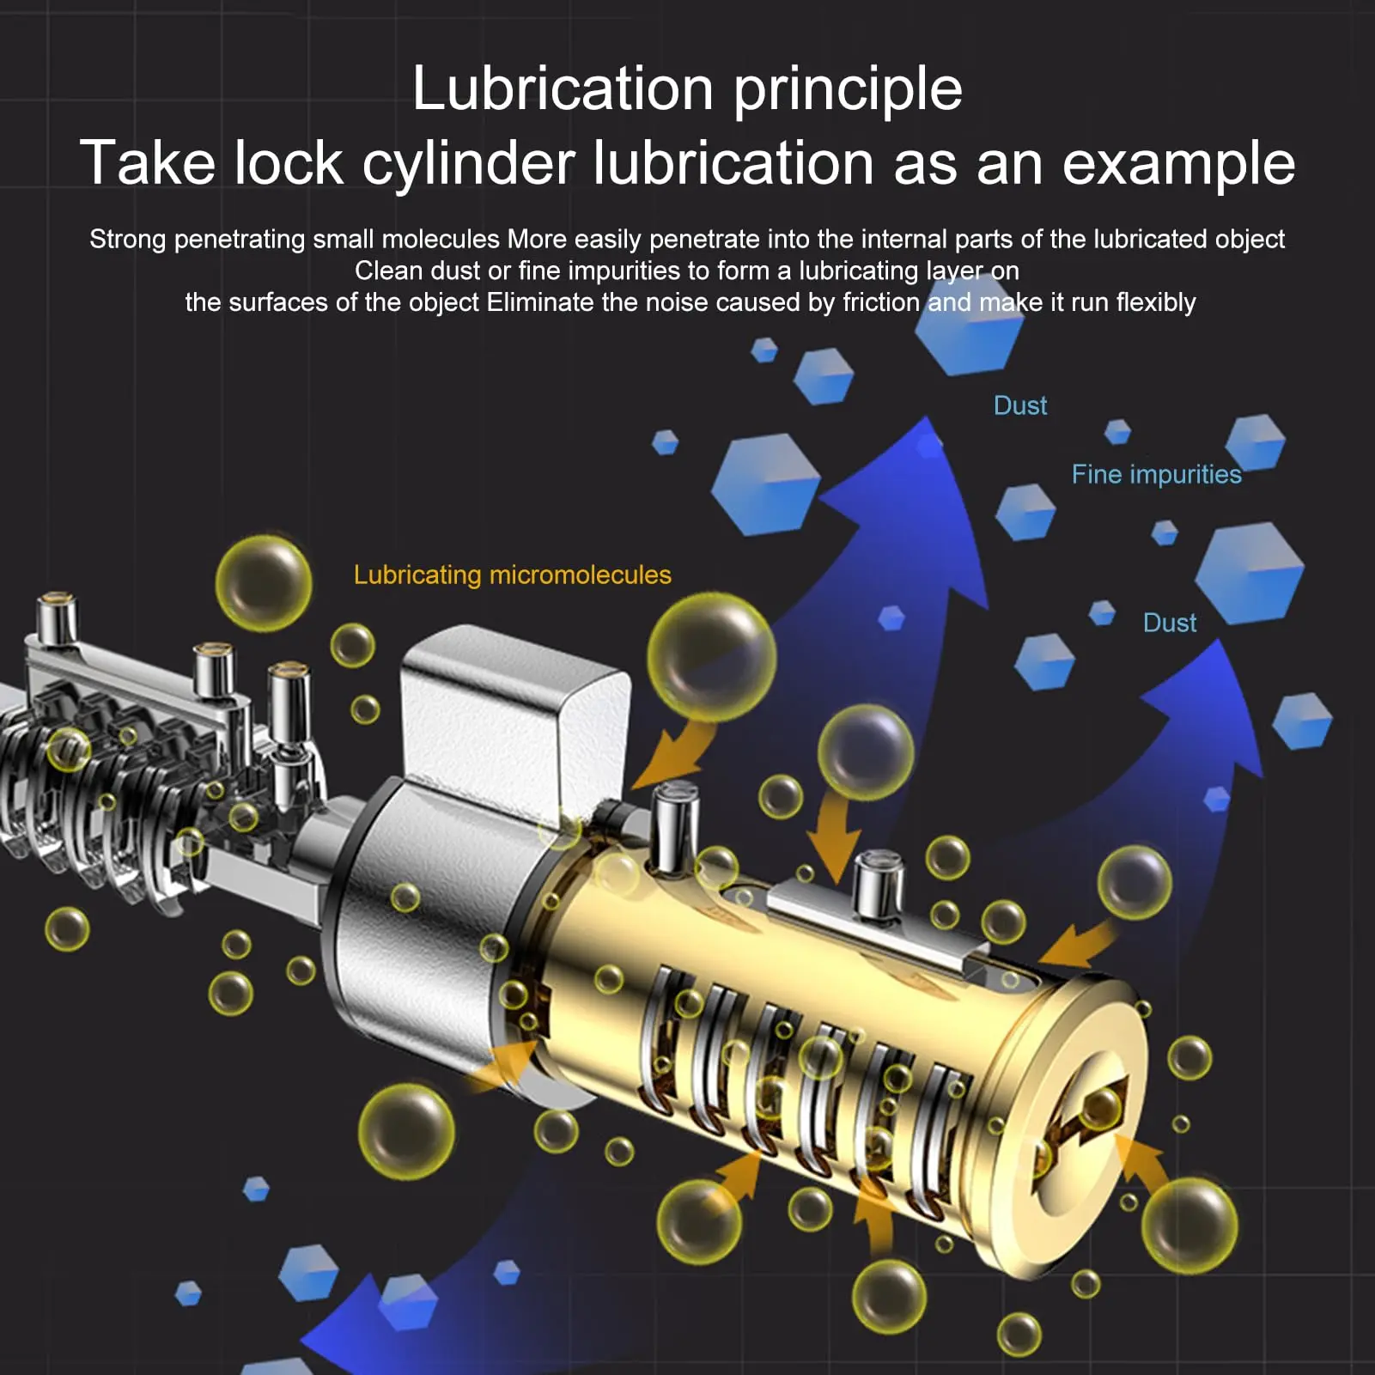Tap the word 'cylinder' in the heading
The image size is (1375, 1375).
tap(468, 164)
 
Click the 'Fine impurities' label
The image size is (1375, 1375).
tap(1156, 475)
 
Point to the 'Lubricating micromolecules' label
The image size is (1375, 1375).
tap(513, 575)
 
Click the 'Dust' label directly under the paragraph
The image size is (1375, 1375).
tap(1020, 405)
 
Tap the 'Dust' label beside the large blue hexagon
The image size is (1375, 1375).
tap(1170, 623)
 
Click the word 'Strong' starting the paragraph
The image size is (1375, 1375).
tap(127, 240)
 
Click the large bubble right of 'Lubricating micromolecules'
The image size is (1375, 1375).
tap(711, 657)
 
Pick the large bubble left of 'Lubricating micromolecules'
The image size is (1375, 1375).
tap(264, 583)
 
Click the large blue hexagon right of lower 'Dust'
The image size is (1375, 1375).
tap(1250, 574)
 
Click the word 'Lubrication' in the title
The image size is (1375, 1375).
tap(563, 89)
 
